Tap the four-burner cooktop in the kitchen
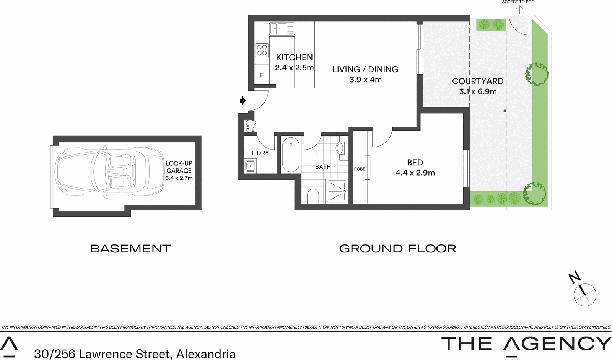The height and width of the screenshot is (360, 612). tap(262, 50)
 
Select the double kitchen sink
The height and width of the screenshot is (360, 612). tap(282, 29)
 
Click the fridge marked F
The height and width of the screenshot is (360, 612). tap(262, 75)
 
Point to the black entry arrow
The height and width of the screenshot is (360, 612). tap(242, 101)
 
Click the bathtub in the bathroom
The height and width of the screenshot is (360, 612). tap(291, 155)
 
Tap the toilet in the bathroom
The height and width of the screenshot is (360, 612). tap(313, 195)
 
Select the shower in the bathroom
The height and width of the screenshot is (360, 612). tap(337, 191)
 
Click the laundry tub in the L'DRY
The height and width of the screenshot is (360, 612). tap(251, 166)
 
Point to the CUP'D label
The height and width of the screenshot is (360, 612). tap(248, 126)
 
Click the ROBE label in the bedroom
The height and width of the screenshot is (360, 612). tap(360, 169)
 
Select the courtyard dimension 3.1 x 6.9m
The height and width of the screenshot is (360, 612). tap(478, 92)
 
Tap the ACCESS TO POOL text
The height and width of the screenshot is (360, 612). tap(519, 2)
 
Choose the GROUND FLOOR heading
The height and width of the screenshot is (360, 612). tap(397, 249)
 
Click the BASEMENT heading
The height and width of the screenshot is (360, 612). tap(130, 249)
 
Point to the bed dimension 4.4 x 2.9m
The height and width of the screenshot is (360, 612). tap(415, 173)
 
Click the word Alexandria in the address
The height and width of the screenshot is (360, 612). tap(206, 354)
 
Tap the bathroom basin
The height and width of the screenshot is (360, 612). tap(340, 148)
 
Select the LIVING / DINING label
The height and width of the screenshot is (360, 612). tap(365, 69)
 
